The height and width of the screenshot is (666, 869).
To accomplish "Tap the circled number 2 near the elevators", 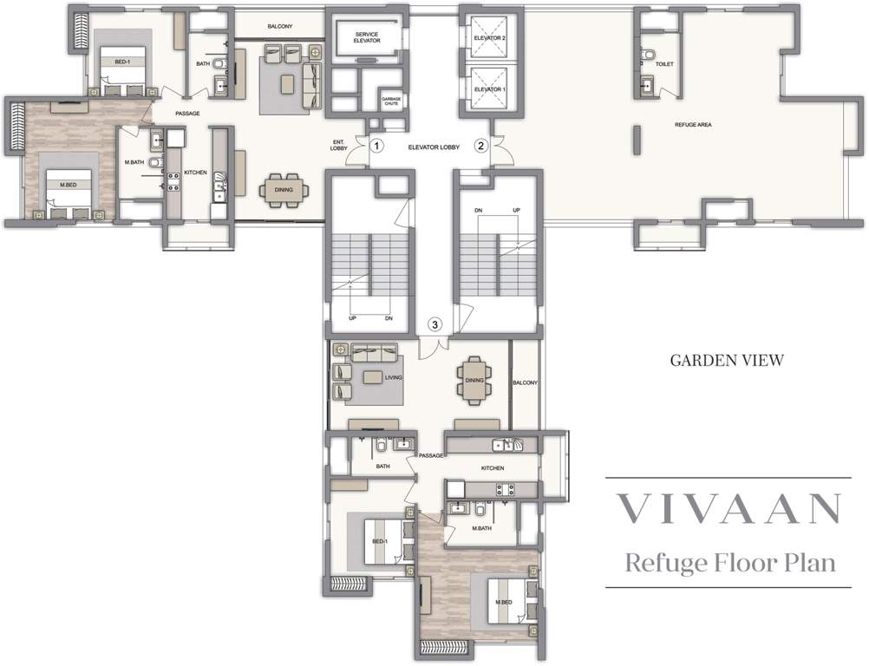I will point(480,146).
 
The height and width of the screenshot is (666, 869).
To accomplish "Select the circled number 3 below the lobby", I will point(436,324).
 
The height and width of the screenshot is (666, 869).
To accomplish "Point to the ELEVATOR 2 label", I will point(489,39).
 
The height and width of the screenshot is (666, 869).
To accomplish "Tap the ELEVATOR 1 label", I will point(489,89).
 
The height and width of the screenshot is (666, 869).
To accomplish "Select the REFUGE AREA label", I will point(693,125).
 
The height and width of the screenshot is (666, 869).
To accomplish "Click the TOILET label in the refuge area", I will point(664,64).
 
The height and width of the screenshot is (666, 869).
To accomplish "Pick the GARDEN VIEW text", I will point(727,360).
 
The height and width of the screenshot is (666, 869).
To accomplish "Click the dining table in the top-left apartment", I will point(284,191).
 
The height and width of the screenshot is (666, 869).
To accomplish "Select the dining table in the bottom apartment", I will point(474,381).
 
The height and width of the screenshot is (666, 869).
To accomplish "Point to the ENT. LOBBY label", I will point(338,146).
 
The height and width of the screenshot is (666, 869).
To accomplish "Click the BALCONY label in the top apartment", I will point(279,27).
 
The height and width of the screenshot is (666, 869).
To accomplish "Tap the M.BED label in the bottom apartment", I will point(502,602).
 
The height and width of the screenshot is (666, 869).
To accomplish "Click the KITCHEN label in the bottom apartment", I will point(493,468).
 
